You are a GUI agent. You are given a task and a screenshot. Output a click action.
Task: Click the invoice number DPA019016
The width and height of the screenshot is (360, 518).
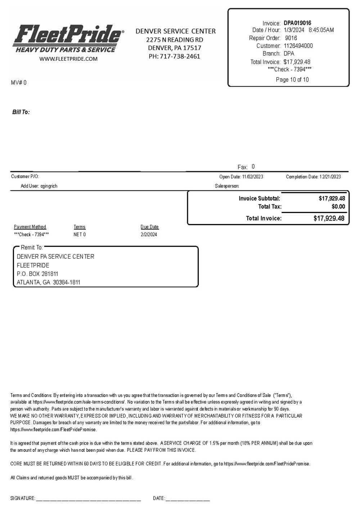coord(297,23)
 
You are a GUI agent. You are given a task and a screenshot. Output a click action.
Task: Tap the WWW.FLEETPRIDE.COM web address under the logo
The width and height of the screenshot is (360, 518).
coord(68,59)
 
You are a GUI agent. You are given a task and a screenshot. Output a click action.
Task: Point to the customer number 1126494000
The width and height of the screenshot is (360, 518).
coord(298,46)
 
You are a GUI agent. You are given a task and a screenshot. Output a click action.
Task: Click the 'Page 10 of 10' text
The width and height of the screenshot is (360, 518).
coord(292,79)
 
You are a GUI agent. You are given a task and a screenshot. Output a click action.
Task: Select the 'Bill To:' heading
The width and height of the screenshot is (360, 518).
coord(21,112)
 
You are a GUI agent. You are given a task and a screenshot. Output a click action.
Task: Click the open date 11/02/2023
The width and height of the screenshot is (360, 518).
coord(252,177)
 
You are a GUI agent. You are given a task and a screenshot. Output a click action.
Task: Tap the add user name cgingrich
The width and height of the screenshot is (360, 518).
coord(49,186)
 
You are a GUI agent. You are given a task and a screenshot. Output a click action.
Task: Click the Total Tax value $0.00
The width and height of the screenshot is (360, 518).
coord(338,206)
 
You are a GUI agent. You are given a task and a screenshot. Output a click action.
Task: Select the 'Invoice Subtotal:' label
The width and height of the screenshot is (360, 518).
coord(259,198)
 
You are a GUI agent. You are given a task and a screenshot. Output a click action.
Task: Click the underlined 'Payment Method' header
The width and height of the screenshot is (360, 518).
coord(30,227)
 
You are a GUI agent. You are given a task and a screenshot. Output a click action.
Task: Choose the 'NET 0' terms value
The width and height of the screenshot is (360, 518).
coord(80,235)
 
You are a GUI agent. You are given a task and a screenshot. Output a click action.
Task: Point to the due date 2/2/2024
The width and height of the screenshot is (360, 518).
coord(149,235)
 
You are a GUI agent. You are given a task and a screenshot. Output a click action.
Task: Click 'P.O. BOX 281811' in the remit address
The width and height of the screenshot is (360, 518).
coord(37,274)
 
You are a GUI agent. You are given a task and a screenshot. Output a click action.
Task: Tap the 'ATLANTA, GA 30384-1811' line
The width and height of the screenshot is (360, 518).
coord(49,282)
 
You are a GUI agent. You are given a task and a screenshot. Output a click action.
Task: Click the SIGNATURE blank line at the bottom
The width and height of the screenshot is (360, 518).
coord(88,499)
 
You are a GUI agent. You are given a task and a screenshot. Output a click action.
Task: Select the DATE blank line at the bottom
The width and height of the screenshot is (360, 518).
coord(187,499)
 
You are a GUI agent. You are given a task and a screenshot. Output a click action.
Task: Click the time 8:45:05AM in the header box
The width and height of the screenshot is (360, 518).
coord(321,30)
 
